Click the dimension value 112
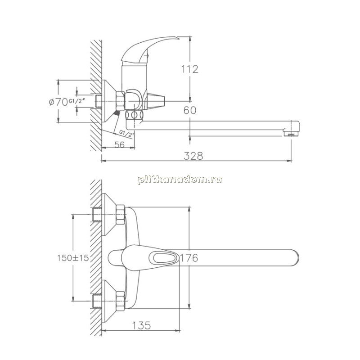[189, 69]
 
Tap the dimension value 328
[193, 156]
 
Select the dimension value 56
[119, 144]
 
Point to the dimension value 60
[190, 110]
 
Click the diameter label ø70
[58, 102]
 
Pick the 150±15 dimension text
[73, 258]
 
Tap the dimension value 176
[189, 258]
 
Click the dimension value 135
[141, 325]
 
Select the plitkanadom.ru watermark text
[180, 179]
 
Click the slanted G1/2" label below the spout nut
[126, 134]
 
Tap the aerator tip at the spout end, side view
[291, 134]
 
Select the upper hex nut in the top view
[120, 215]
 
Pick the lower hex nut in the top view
[120, 301]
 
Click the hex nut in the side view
[120, 101]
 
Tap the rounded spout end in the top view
[295, 257]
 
